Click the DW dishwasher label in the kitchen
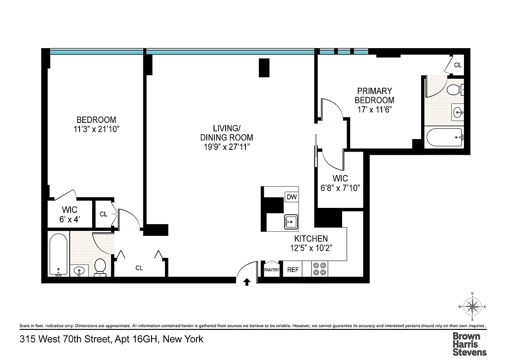pyautogui.click(x=291, y=197)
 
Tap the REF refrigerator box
pyautogui.click(x=293, y=270)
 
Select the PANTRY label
pyautogui.click(x=272, y=270)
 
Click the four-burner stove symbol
pyautogui.click(x=320, y=269)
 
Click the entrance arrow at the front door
pyautogui.click(x=247, y=282)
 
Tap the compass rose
pyautogui.click(x=472, y=307)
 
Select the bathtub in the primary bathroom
pyautogui.click(x=444, y=137)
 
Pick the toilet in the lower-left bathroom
pyautogui.click(x=100, y=266)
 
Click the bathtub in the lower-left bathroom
pyautogui.click(x=58, y=254)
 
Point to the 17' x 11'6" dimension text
pyautogui.click(x=374, y=109)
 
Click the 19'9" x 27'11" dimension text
pyautogui.click(x=227, y=147)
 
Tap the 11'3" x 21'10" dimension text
pyautogui.click(x=96, y=129)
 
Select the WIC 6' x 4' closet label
pyautogui.click(x=69, y=214)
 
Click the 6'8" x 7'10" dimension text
pyautogui.click(x=341, y=188)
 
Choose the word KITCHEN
pyautogui.click(x=311, y=238)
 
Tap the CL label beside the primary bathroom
pyautogui.click(x=458, y=65)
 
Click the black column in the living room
pyautogui.click(x=264, y=67)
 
